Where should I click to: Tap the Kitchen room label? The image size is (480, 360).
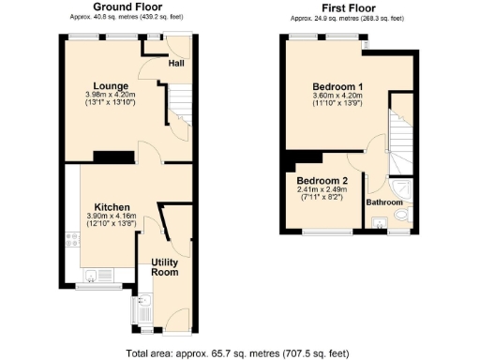click(x=111, y=207)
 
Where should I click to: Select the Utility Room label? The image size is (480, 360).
click(x=164, y=266)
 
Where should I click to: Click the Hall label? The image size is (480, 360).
click(x=175, y=64)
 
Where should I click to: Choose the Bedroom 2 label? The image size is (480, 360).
click(x=322, y=180)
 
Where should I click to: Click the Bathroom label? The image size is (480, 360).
click(x=384, y=202)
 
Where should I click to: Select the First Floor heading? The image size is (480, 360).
click(x=348, y=7)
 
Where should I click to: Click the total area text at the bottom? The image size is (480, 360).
click(x=239, y=353)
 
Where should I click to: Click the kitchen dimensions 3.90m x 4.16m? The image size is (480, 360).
click(x=111, y=217)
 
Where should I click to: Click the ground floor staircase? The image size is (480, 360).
click(x=178, y=112)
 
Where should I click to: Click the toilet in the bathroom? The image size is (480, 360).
click(x=401, y=217)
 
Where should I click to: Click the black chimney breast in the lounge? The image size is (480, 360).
click(x=112, y=157)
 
